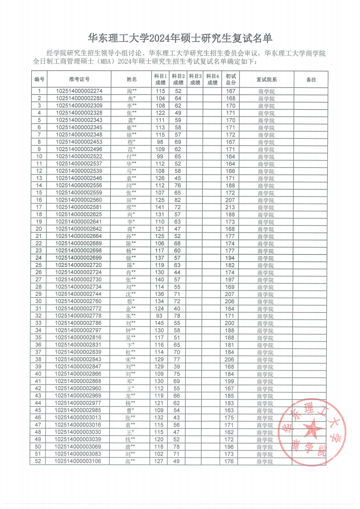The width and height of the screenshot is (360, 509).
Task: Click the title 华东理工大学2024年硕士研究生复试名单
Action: (180, 37)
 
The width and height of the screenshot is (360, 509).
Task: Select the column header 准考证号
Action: (79, 79)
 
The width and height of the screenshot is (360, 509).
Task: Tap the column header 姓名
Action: (131, 79)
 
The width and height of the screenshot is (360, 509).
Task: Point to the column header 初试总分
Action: (231, 79)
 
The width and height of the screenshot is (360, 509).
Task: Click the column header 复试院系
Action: (266, 79)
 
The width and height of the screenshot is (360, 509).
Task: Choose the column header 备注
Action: (311, 79)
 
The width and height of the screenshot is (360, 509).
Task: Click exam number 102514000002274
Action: (79, 91)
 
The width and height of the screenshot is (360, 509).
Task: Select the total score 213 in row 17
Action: (231, 207)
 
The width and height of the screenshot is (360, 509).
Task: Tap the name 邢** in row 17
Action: (131, 207)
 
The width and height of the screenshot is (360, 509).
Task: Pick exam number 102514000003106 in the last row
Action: (79, 461)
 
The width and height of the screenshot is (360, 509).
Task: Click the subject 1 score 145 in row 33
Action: (160, 323)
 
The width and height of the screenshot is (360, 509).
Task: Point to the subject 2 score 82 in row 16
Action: (178, 200)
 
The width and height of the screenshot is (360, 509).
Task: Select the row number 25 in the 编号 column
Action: (39, 265)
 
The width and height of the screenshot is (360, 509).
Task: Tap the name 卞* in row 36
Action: (131, 345)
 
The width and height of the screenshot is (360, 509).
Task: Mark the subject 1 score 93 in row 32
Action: (160, 316)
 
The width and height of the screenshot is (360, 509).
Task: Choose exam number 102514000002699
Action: (79, 258)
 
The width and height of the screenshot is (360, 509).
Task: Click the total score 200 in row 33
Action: (231, 323)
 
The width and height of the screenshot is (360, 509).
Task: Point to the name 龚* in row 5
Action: (131, 120)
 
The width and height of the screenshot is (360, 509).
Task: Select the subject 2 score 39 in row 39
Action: (178, 367)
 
